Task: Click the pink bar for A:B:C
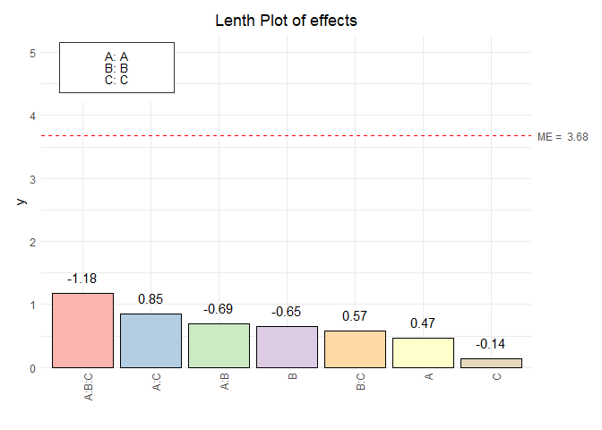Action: pyautogui.click(x=83, y=331)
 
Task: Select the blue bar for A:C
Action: pyautogui.click(x=151, y=340)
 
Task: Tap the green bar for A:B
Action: pyautogui.click(x=219, y=346)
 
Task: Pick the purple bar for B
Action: pyautogui.click(x=287, y=347)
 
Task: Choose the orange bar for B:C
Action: pyautogui.click(x=355, y=349)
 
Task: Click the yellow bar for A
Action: pyautogui.click(x=423, y=353)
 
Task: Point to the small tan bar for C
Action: pyautogui.click(x=491, y=363)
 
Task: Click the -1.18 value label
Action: pyautogui.click(x=83, y=279)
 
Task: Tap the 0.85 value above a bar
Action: pyautogui.click(x=151, y=298)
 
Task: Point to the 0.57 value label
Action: pyautogui.click(x=355, y=316)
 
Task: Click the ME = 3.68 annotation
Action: pyautogui.click(x=563, y=137)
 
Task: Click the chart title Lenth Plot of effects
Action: pyautogui.click(x=287, y=21)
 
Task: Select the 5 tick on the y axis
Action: pyautogui.click(x=32, y=53)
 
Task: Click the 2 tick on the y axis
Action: pyautogui.click(x=32, y=242)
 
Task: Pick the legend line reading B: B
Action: pyautogui.click(x=116, y=67)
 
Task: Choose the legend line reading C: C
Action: pyautogui.click(x=116, y=79)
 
